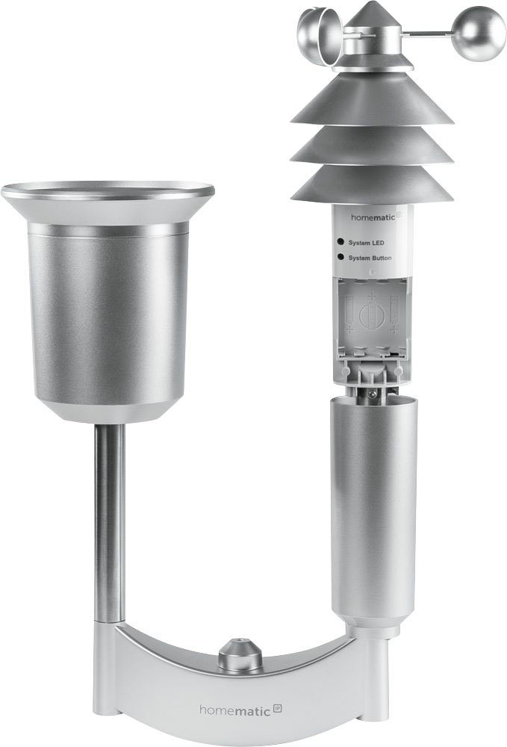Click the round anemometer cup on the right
(479, 34)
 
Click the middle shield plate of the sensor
(371, 145)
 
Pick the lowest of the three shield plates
(371, 185)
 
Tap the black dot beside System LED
(340, 242)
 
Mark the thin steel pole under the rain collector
(109, 523)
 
